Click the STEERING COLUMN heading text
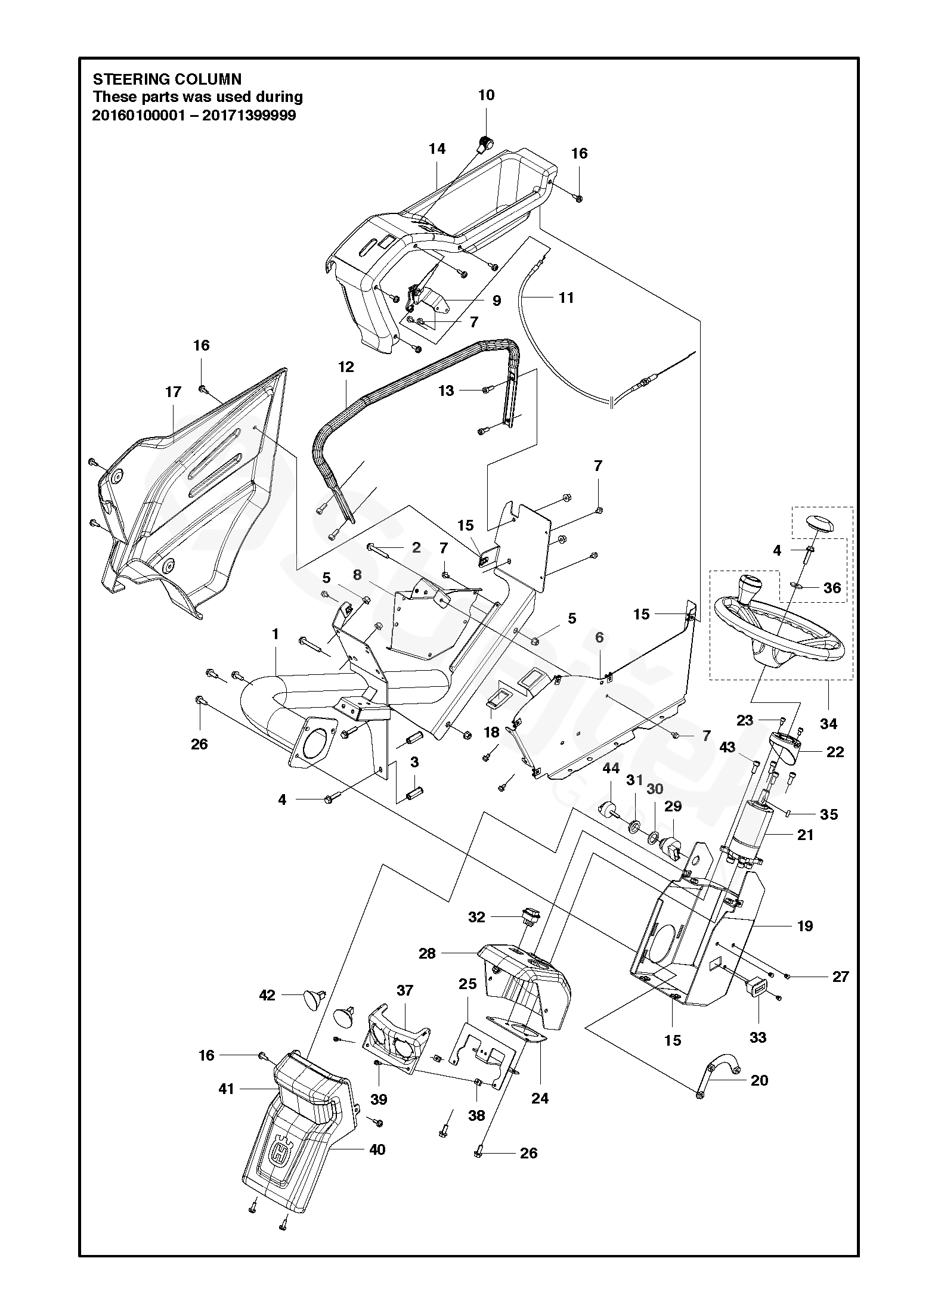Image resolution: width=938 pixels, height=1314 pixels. pyautogui.click(x=167, y=79)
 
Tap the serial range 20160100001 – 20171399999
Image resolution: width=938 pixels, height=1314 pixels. pyautogui.click(x=194, y=115)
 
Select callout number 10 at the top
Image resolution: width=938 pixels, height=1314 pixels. pyautogui.click(x=486, y=95)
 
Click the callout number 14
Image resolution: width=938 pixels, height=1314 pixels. pyautogui.click(x=437, y=148)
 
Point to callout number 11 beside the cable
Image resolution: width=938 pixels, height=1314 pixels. pyautogui.click(x=565, y=297)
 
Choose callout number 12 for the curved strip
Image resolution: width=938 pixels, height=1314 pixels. pyautogui.click(x=346, y=367)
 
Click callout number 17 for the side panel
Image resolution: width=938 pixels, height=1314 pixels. pyautogui.click(x=173, y=392)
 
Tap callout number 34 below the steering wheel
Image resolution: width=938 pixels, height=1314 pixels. pyautogui.click(x=829, y=724)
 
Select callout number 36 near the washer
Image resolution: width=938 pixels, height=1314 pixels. pyautogui.click(x=832, y=588)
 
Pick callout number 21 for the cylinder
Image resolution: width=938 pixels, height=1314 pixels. pyautogui.click(x=805, y=835)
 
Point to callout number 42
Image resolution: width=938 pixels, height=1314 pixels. pyautogui.click(x=267, y=996)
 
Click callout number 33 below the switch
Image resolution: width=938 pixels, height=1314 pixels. pyautogui.click(x=757, y=1037)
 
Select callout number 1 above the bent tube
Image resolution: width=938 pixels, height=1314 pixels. pyautogui.click(x=275, y=634)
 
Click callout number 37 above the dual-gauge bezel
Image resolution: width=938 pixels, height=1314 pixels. pyautogui.click(x=405, y=990)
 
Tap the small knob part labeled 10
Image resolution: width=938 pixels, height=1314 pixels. pyautogui.click(x=486, y=144)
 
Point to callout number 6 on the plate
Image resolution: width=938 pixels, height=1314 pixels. pyautogui.click(x=599, y=637)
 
